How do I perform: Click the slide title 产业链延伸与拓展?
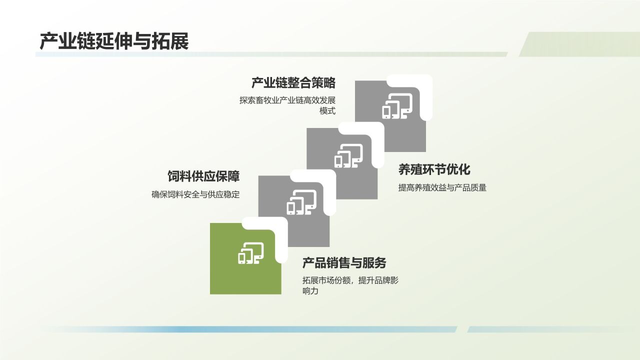point(114,41)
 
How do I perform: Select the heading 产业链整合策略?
point(293,83)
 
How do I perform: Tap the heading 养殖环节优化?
point(434,169)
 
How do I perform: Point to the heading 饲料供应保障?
point(203,176)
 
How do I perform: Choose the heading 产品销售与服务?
point(344,263)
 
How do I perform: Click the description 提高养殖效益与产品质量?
point(442,188)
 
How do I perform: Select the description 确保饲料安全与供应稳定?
point(195,194)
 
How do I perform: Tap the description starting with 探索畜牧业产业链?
point(287,100)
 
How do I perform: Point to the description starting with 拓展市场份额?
point(350,280)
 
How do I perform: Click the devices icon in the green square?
point(250,253)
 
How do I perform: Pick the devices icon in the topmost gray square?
point(397,106)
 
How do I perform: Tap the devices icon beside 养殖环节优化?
point(348,155)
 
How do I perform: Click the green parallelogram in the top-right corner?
point(580,44)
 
